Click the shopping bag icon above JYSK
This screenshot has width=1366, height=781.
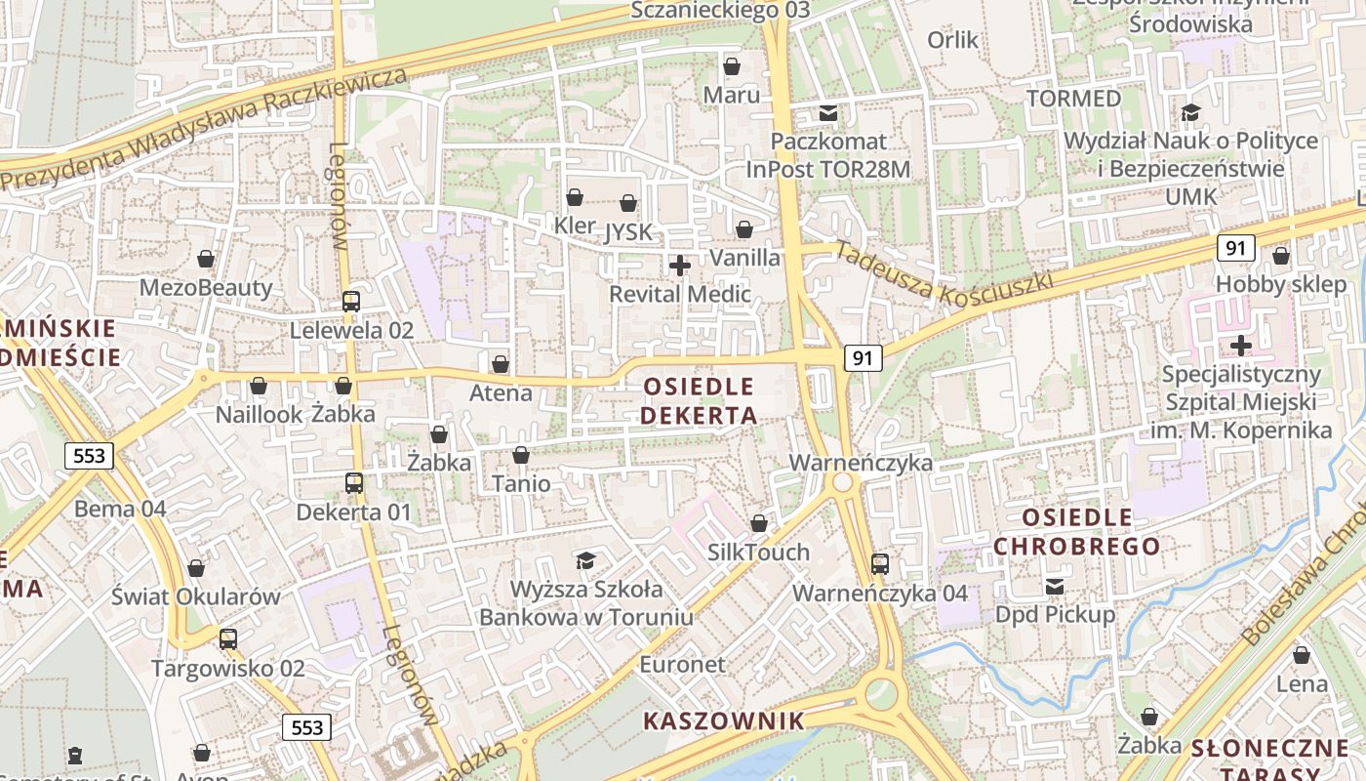628,203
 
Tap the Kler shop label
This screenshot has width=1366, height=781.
574,226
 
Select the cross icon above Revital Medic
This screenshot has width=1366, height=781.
680,265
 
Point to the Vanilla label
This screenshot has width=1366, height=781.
744,258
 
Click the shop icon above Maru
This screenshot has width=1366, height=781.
732,66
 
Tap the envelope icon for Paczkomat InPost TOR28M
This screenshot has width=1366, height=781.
828,113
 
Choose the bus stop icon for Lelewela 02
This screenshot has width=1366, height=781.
351,302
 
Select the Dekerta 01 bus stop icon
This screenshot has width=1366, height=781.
354,482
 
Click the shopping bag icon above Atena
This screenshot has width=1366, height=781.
501,364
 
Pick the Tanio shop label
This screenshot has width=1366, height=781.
521,484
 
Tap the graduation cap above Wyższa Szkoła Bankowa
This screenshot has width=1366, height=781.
585,560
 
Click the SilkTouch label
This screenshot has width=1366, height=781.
758,553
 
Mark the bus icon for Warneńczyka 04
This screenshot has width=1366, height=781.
880,563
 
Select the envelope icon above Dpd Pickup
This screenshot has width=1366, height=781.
1055,586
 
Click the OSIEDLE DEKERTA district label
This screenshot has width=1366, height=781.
700,400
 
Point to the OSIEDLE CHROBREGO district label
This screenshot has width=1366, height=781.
1076,531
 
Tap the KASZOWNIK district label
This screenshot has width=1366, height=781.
724,721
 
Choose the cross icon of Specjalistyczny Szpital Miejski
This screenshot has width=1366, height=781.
1241,345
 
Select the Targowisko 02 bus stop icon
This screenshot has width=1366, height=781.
228,639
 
